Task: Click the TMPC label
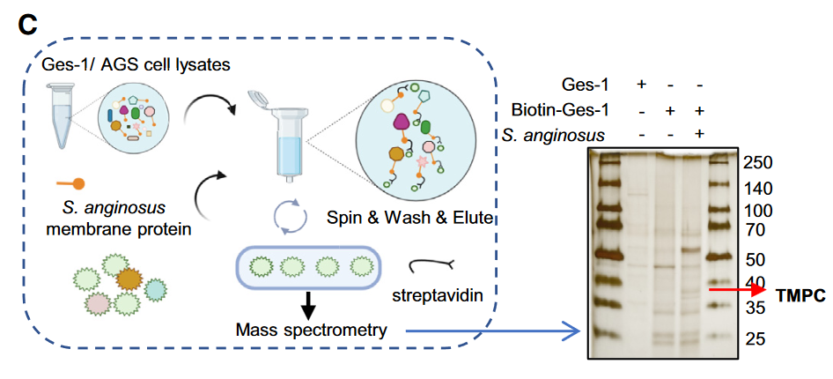point(800,295)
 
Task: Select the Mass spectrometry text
point(311,331)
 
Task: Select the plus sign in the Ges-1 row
point(641,84)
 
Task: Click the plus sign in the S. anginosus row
point(699,134)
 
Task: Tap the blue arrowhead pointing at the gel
point(571,331)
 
